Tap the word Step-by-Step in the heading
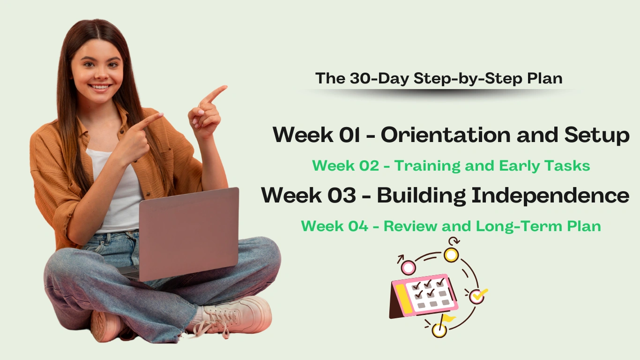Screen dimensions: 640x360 click(468, 79)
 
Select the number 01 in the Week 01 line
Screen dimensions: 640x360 click(350, 135)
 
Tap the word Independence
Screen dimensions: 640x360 click(551, 195)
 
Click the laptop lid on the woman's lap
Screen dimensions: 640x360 click(188, 233)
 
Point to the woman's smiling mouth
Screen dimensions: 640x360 click(100, 87)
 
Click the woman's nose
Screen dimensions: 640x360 click(101, 75)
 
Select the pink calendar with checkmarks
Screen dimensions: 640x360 click(424, 296)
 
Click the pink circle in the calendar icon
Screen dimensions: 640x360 click(408, 268)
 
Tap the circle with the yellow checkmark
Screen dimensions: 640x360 click(477, 297)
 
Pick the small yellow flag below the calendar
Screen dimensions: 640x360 click(448, 318)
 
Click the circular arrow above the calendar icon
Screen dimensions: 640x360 click(454, 241)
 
